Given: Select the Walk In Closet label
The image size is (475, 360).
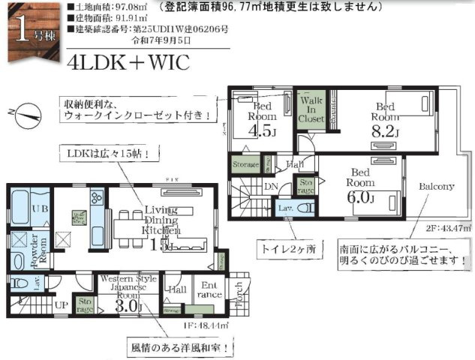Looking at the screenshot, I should click(311, 109).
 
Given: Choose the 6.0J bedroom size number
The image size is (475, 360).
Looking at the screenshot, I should click(360, 198).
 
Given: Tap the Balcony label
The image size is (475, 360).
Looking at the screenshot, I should click(436, 186).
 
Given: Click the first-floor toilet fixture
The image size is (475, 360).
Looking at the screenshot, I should click(19, 283).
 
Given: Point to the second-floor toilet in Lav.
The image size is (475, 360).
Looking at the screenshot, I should click(290, 208).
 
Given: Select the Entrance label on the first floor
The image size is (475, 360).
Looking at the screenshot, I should click(205, 289).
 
